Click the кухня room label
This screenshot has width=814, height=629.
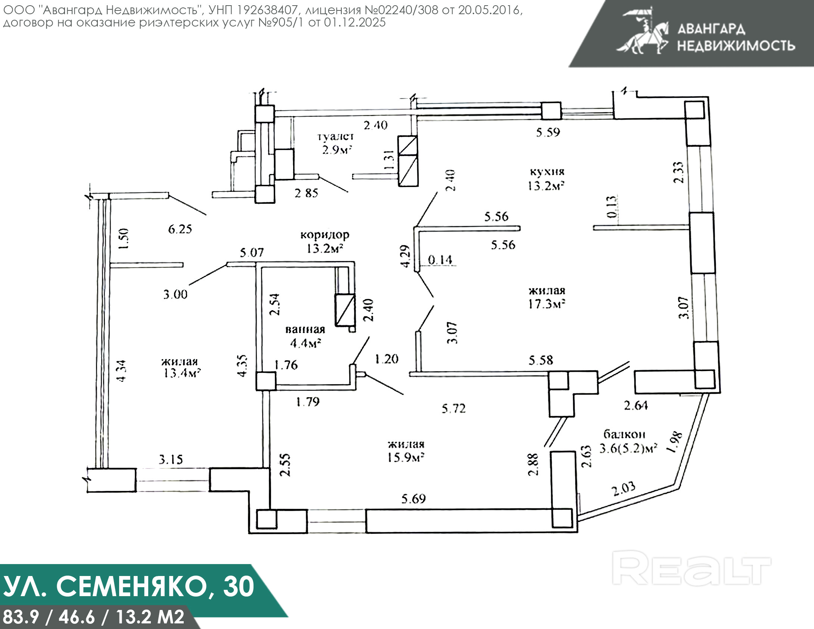click(x=547, y=172)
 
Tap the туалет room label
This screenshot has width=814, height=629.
click(x=335, y=137)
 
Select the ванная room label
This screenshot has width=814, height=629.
click(x=305, y=330)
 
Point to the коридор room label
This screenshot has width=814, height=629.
click(x=325, y=235)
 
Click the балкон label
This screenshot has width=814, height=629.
click(x=624, y=434)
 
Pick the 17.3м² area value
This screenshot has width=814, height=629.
click(x=546, y=304)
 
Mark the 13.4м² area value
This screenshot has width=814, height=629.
click(x=182, y=373)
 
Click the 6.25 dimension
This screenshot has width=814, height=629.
click(x=180, y=229)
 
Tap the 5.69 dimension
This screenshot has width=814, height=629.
click(x=413, y=499)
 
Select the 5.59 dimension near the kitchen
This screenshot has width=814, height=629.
click(x=548, y=132)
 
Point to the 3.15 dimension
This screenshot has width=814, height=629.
click(x=171, y=459)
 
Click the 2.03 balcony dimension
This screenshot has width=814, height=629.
click(x=623, y=489)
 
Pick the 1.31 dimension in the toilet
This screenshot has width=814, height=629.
click(x=389, y=160)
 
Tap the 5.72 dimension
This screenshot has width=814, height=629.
click(x=454, y=408)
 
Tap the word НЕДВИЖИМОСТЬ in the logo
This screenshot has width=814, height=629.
click(x=736, y=46)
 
